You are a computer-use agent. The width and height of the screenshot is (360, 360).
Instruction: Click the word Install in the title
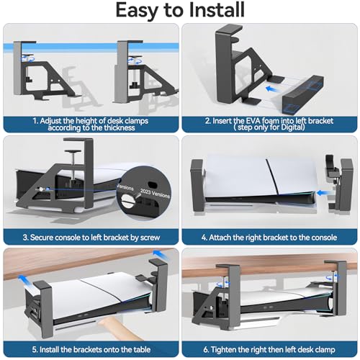(x=217, y=10)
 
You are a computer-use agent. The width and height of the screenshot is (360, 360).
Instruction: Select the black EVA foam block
(x=303, y=94)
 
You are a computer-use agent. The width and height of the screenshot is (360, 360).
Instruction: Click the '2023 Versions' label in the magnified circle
(x=155, y=194)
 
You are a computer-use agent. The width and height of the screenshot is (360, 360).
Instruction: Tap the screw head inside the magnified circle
(x=127, y=200)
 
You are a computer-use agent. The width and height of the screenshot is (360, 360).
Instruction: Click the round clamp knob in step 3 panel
(x=72, y=151)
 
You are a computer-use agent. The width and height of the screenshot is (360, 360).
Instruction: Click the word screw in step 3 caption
(x=150, y=238)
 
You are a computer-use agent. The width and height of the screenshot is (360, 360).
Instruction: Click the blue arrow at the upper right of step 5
(x=161, y=254)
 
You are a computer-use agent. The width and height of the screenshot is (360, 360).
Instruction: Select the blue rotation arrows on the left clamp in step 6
(x=223, y=284)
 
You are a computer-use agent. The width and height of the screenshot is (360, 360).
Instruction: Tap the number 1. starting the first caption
(x=35, y=121)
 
